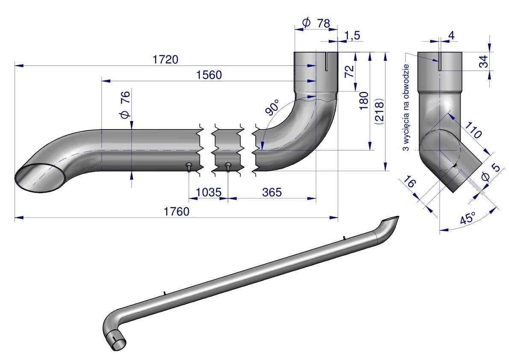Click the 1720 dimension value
click(x=165, y=60)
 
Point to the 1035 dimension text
click(x=208, y=193)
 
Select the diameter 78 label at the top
click(x=316, y=23)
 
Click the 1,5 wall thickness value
click(x=351, y=36)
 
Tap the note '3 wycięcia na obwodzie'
click(x=406, y=107)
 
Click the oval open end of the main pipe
click(x=41, y=177)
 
